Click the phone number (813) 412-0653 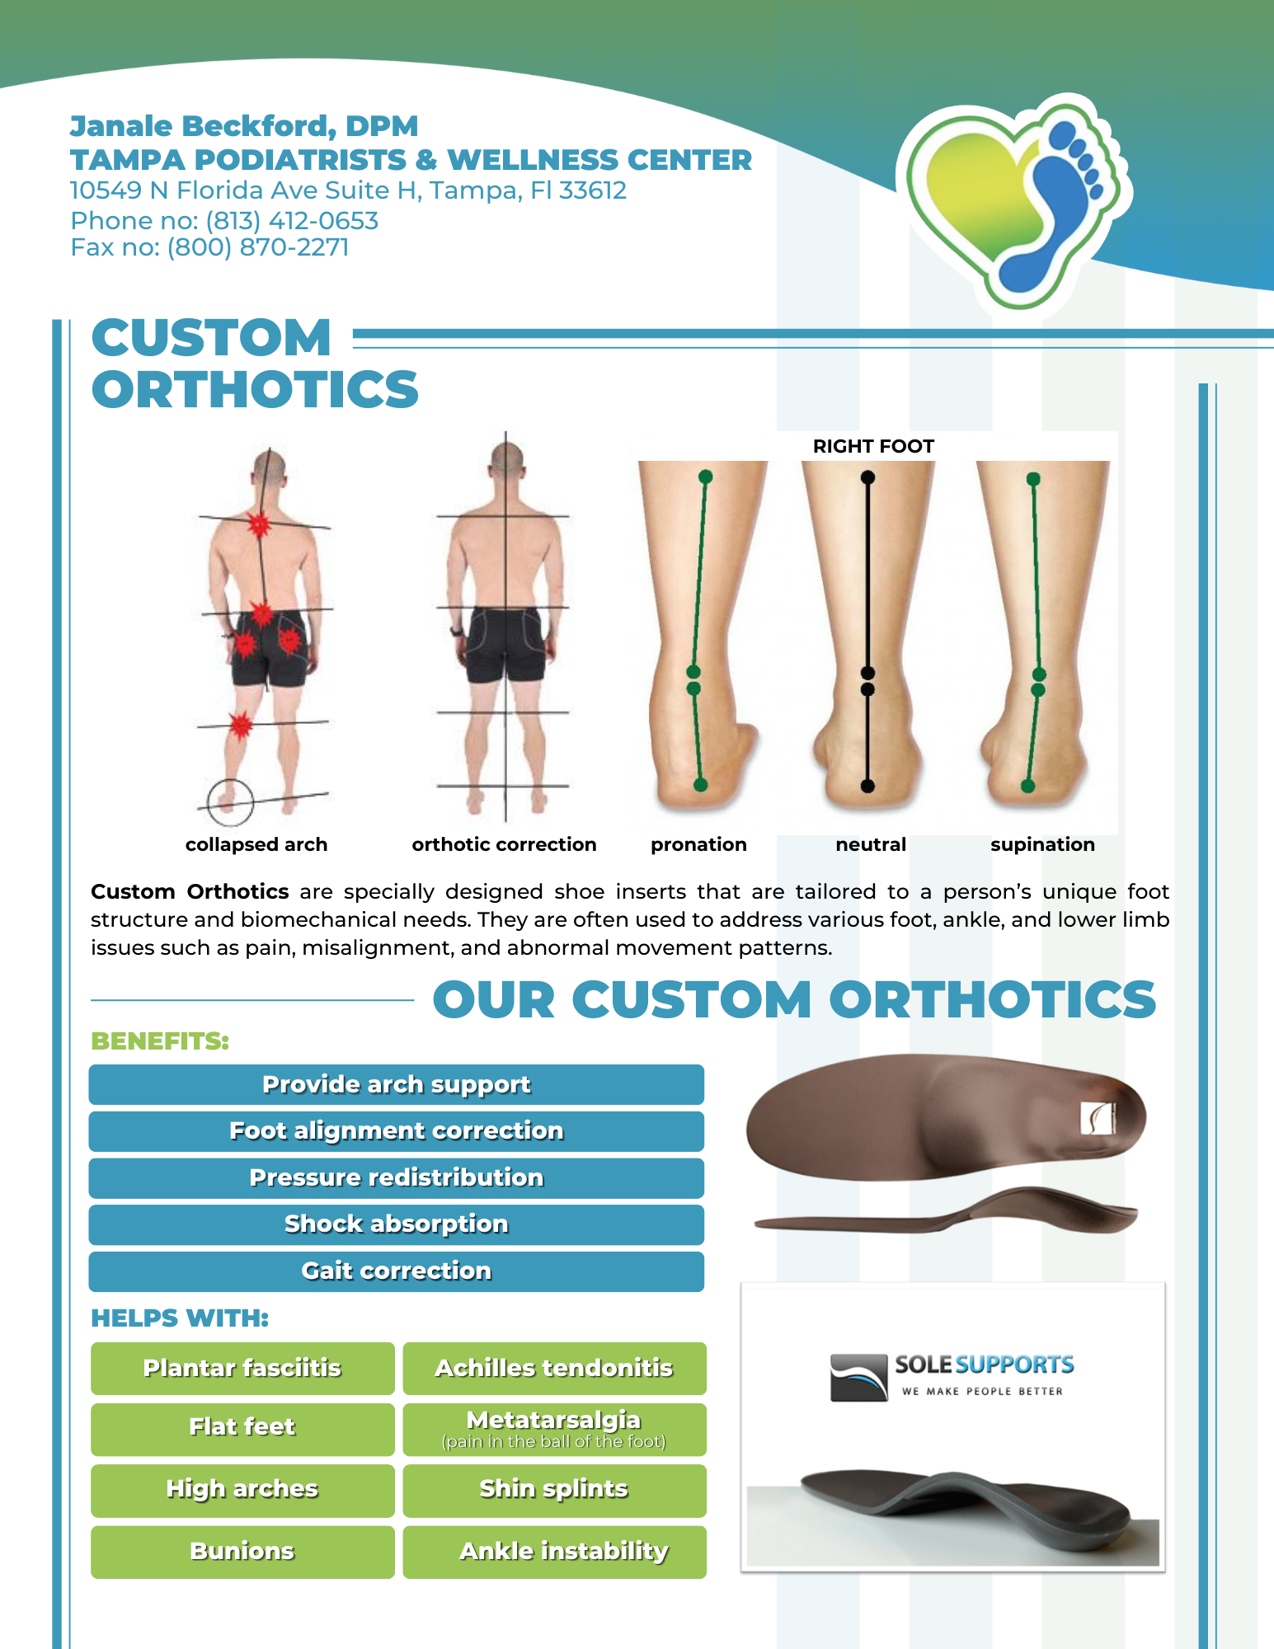pyautogui.click(x=292, y=221)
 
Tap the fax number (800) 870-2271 pyautogui.click(x=258, y=247)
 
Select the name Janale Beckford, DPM pyautogui.click(x=244, y=126)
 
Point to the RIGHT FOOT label pyautogui.click(x=873, y=446)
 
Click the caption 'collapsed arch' pyautogui.click(x=256, y=844)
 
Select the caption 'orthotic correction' pyautogui.click(x=504, y=844)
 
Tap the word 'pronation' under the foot pyautogui.click(x=698, y=845)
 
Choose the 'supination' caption pyautogui.click(x=1042, y=845)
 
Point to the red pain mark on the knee pyautogui.click(x=240, y=726)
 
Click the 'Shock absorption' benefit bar pyautogui.click(x=397, y=1224)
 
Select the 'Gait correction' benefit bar pyautogui.click(x=397, y=1271)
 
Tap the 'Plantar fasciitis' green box pyautogui.click(x=242, y=1369)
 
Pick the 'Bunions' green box pyautogui.click(x=242, y=1552)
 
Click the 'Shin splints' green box pyautogui.click(x=554, y=1491)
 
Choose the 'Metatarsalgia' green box pyautogui.click(x=554, y=1430)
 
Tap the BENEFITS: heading pyautogui.click(x=160, y=1041)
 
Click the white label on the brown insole pyautogui.click(x=1098, y=1119)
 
